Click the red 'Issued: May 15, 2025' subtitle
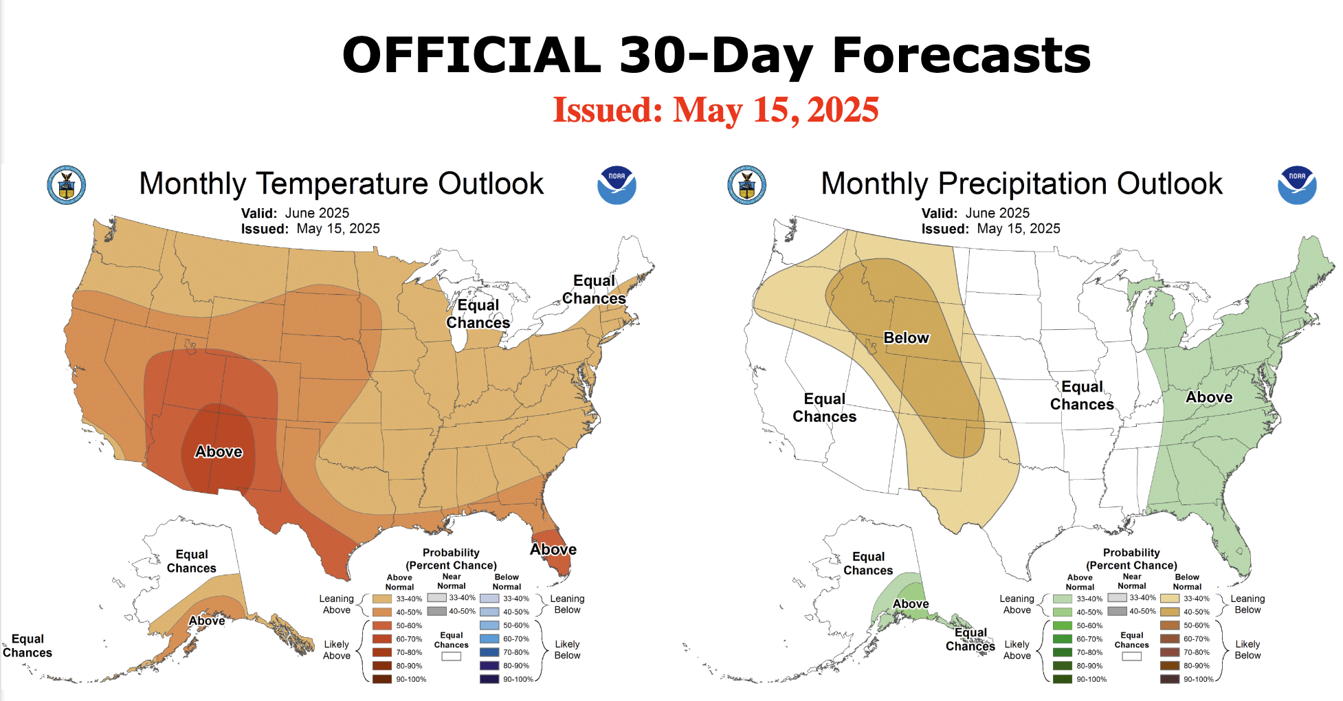715,110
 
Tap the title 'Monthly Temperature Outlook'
341,184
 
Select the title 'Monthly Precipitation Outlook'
1021,184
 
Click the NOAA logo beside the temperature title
617,185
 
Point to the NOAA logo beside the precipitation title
1297,185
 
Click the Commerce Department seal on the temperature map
67,185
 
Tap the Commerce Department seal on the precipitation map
747,185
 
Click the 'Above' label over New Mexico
219,452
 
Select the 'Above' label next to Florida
553,550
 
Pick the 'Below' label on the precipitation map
906,338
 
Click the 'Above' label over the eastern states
1209,397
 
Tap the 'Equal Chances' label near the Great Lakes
478,314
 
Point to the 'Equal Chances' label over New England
595,289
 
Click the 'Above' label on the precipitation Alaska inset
911,604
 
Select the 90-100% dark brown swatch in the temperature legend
382,679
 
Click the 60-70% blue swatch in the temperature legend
489,639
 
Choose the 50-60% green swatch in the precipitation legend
1063,625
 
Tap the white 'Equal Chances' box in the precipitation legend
1131,656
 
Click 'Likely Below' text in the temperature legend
567,649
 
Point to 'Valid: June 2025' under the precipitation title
975,213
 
